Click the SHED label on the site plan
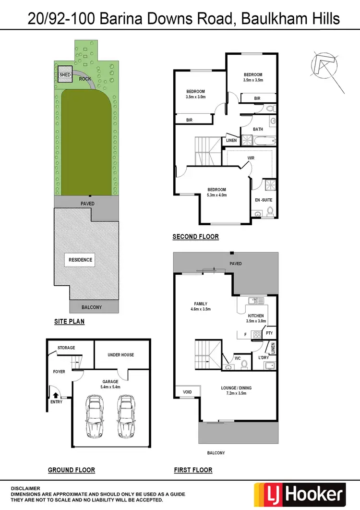[x=65, y=75]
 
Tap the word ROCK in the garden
[x=85, y=79]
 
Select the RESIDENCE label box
[x=80, y=260]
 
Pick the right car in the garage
[x=125, y=416]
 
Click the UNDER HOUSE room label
[x=120, y=355]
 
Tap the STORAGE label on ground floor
[x=66, y=348]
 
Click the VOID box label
[x=187, y=392]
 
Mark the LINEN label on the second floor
[x=231, y=140]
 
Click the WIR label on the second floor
[x=251, y=158]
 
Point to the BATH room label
[x=258, y=129]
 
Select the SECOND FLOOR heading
[x=195, y=236]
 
